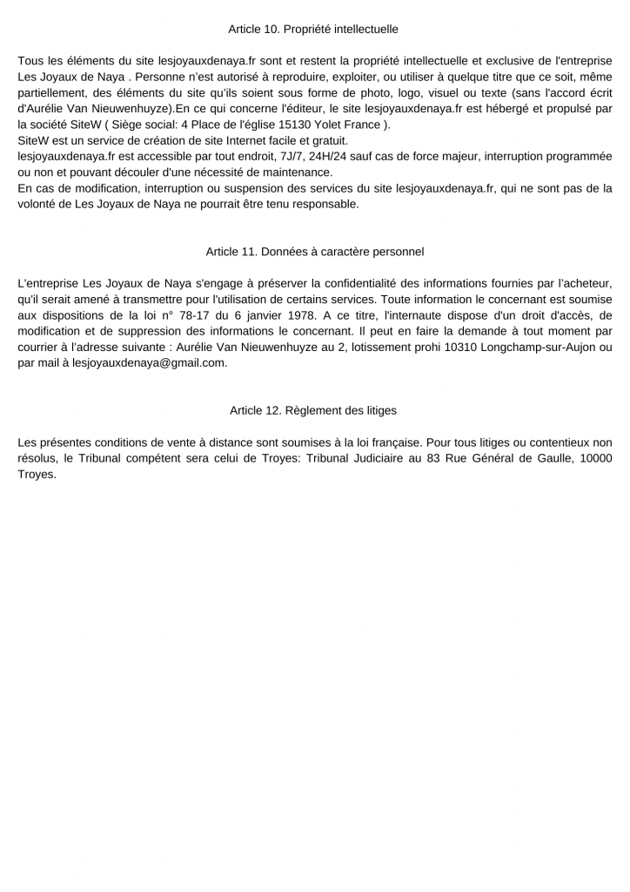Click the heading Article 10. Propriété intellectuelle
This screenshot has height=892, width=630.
[x=313, y=30]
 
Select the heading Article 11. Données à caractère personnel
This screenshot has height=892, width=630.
[x=314, y=252]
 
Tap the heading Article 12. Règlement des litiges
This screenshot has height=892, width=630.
[x=313, y=409]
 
